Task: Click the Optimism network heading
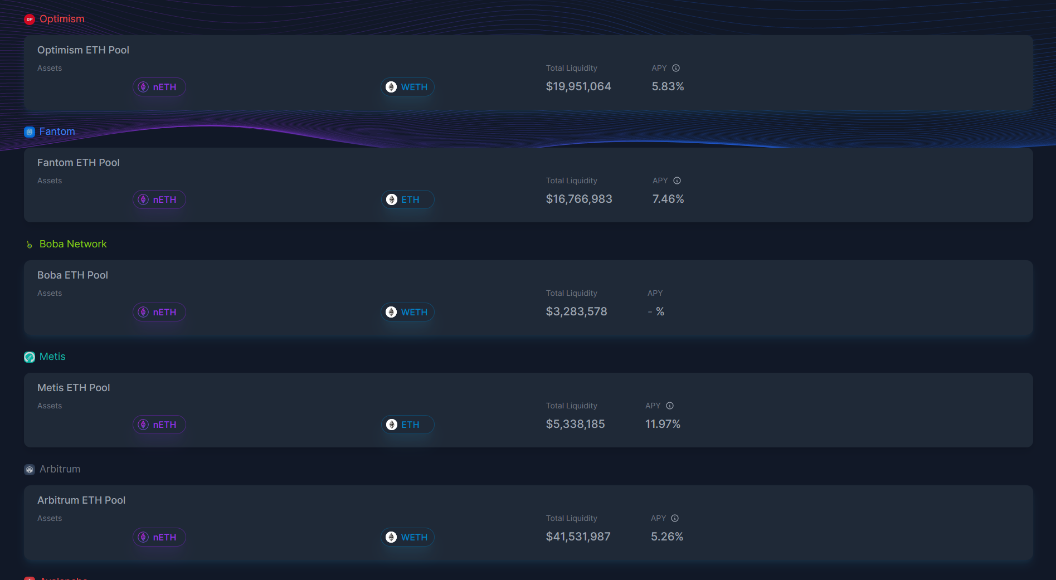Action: pos(61,19)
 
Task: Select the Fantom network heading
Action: pos(57,131)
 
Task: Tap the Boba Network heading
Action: pos(72,244)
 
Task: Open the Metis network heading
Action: pos(52,357)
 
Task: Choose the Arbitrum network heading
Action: pos(60,469)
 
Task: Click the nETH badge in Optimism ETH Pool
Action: pos(159,87)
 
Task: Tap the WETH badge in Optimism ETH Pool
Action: pos(407,87)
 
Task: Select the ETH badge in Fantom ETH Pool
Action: pos(407,199)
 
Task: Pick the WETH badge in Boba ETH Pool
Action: pos(407,312)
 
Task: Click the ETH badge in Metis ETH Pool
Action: pos(407,425)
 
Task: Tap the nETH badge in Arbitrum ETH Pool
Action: pos(159,537)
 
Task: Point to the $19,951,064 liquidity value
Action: pos(578,86)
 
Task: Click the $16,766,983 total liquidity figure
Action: pos(579,199)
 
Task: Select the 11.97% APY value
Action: pos(663,424)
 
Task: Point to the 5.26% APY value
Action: pos(667,537)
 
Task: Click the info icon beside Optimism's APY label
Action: pos(676,68)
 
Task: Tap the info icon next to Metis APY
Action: pos(670,406)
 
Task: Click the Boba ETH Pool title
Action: pos(72,275)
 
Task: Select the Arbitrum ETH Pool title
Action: pos(81,500)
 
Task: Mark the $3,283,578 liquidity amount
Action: pos(576,311)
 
